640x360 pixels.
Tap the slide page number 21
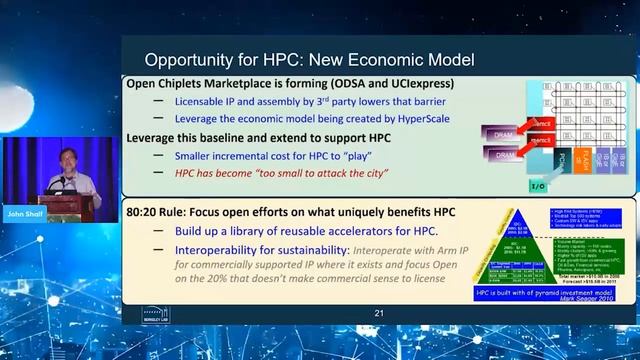tap(379, 313)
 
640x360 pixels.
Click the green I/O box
tap(510, 185)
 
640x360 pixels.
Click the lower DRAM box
tap(500, 155)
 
